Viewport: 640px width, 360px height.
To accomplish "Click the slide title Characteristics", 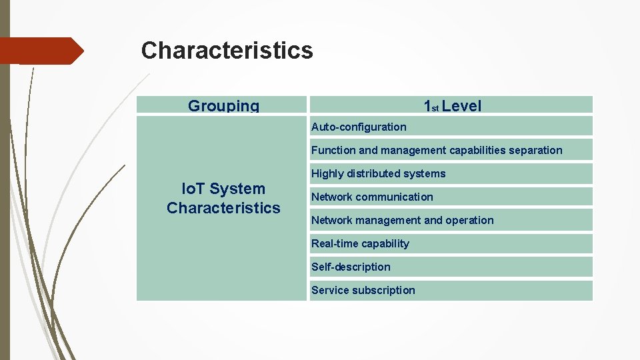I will [227, 51].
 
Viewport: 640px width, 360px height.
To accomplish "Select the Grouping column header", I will [223, 105].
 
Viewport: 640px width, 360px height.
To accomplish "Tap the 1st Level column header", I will [451, 105].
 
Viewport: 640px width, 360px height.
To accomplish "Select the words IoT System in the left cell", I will [223, 189].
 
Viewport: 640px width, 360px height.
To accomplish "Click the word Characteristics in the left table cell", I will [223, 208].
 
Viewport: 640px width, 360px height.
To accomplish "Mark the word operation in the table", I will [469, 220].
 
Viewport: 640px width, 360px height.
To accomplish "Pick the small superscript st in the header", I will [435, 108].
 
